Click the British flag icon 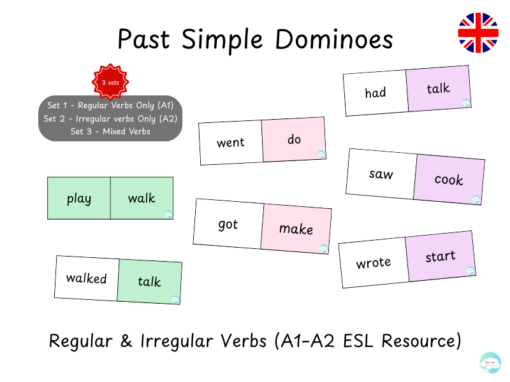[478, 32]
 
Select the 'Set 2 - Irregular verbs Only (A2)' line [110, 118]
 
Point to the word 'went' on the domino [230, 143]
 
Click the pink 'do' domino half [294, 139]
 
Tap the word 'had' [375, 93]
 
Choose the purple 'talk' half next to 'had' [439, 89]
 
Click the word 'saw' [381, 174]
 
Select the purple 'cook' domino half [449, 180]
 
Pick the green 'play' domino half [79, 199]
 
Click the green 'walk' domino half [142, 199]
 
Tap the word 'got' [228, 224]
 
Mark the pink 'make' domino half [296, 229]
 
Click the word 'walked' [87, 278]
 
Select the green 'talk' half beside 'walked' [149, 282]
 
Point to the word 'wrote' [374, 262]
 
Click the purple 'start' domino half [441, 257]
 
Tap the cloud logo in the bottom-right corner [490, 362]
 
